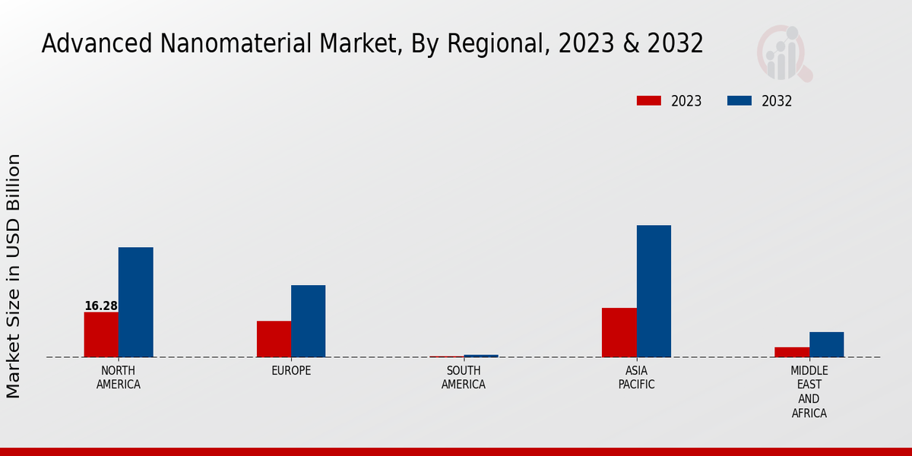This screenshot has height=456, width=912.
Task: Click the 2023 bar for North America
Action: pos(101,334)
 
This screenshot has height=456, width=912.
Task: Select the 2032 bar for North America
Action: pos(135,302)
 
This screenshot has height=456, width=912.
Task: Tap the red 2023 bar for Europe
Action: pos(274,339)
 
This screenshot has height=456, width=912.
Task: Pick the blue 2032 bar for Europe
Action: pos(308,321)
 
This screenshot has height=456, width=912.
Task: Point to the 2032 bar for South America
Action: pos(481,356)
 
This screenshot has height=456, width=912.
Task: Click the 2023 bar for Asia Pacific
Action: pos(619,332)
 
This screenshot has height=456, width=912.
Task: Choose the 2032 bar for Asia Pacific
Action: pos(654,291)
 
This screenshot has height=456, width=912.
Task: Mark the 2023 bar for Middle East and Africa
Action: pos(792,352)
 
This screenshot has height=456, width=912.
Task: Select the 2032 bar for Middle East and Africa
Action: pos(826,344)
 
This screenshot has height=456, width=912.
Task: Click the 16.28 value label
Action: pos(101,306)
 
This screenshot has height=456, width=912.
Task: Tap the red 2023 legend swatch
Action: pos(649,101)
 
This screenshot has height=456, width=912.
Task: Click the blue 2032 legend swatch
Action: pos(739,101)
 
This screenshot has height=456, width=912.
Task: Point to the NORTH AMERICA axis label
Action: pos(119,378)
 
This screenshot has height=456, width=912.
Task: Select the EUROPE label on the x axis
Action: pos(291,371)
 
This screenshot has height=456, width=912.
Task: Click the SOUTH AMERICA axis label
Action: pos(464,378)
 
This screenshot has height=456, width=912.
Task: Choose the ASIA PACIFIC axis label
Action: pos(636,378)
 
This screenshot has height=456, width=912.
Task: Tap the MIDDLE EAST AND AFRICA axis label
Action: pos(809,392)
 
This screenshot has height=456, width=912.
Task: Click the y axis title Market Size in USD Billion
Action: pos(14,276)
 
